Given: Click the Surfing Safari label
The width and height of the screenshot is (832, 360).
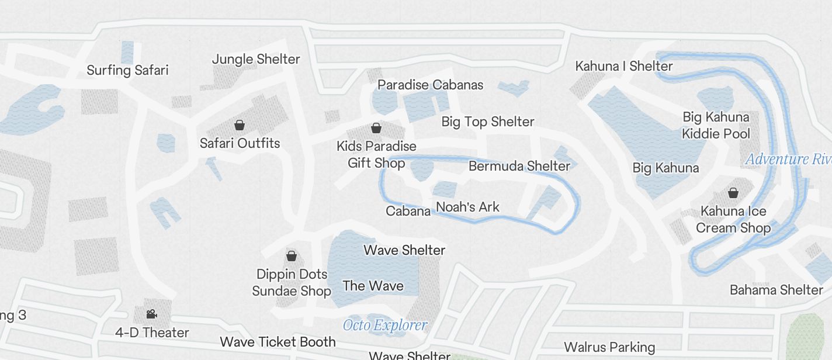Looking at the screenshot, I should [127, 70].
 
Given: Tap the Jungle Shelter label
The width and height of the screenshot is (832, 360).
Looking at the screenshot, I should [256, 59].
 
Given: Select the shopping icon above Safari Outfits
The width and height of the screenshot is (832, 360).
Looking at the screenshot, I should [239, 125].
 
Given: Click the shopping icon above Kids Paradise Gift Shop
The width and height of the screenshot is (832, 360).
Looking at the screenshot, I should [377, 128].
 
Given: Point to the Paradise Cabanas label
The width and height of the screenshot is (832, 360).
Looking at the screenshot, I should [430, 85].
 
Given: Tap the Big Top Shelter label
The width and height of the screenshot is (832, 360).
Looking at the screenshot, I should [488, 122].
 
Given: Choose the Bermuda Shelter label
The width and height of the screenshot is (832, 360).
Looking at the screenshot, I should [519, 166].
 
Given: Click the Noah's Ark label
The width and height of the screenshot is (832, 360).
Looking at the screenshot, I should [468, 207].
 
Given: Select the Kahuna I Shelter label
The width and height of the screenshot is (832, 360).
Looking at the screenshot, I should [624, 66].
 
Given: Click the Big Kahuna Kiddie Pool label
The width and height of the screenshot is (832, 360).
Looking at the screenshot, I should [716, 125].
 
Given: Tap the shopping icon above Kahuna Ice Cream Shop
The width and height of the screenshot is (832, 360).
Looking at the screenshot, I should [733, 193].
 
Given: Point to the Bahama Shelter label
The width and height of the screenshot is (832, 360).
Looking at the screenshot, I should [776, 290].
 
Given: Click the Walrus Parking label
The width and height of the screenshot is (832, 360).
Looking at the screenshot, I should [609, 347].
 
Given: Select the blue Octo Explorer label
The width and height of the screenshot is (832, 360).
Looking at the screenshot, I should [385, 325].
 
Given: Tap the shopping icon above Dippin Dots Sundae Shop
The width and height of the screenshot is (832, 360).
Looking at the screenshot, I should [291, 256].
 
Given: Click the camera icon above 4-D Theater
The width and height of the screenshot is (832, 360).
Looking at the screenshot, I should [151, 314].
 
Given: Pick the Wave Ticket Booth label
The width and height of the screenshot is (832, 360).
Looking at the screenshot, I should [278, 342].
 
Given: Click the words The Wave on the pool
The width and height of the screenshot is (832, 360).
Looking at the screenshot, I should [373, 286].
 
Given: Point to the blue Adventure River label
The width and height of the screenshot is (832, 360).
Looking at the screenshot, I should [788, 159].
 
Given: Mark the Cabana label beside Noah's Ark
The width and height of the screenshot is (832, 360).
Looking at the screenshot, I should [408, 210].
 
